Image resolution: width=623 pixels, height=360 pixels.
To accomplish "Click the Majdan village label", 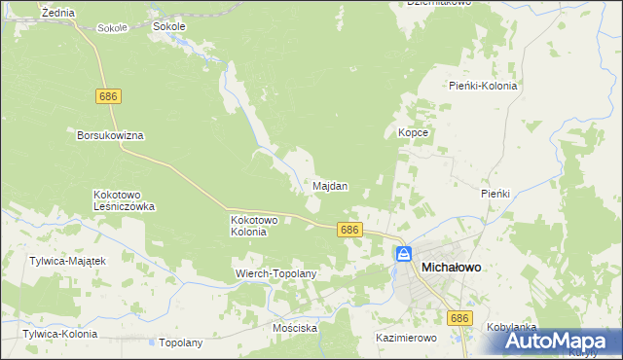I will (x=330, y=185).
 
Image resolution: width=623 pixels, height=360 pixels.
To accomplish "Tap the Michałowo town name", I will (x=453, y=266).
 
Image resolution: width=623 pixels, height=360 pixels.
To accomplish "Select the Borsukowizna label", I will (x=110, y=135).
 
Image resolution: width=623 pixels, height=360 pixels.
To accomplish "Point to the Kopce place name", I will (x=414, y=131).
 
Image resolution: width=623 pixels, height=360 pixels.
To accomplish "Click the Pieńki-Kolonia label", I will (x=483, y=86).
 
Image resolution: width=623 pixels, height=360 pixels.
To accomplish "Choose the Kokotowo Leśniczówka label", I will (x=125, y=200).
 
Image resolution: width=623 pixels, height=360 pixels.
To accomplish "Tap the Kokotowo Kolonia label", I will (x=255, y=226).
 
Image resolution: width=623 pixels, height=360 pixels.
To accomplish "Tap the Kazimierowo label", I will (x=406, y=338).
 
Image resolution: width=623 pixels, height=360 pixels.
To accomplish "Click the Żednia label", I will (x=58, y=11).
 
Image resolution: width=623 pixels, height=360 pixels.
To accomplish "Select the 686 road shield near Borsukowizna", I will (x=108, y=96).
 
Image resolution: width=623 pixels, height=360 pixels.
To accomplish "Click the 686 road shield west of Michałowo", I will (x=351, y=230).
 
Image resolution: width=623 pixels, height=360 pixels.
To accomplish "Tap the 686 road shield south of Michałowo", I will (x=459, y=318).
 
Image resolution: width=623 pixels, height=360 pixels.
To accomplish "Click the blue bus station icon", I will (x=403, y=254).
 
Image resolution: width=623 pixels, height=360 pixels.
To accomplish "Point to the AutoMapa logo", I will (x=561, y=342).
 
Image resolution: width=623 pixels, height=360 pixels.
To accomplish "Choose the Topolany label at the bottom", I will (x=180, y=342).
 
